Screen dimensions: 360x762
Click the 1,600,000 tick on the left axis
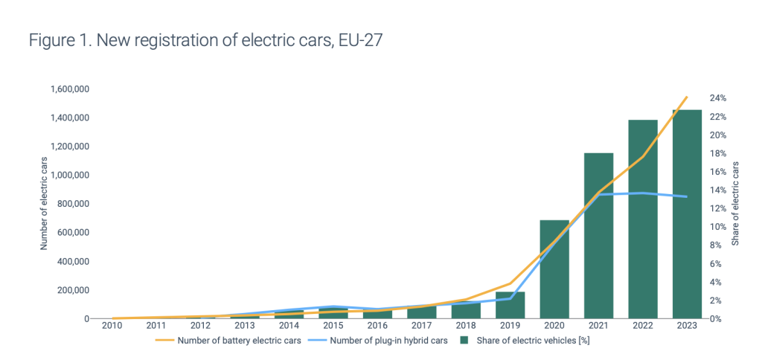coord(70,89)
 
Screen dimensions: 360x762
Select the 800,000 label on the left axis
coord(74,205)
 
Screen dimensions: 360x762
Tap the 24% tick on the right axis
coord(718,98)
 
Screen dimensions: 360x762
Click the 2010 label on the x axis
coord(112,326)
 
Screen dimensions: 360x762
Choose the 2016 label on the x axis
coord(377,326)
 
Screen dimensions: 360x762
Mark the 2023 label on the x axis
coord(687,326)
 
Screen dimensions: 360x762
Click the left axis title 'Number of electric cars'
coord(44,204)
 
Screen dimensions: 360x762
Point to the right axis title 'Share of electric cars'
coord(735,204)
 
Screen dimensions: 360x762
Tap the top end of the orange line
coord(686,97)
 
